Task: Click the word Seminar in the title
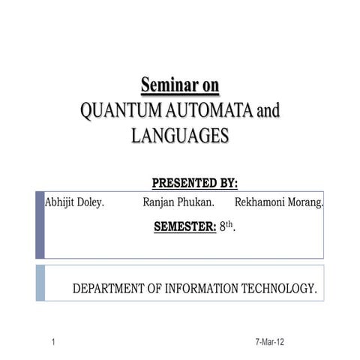pos(165,84)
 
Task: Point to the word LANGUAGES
pos(179,136)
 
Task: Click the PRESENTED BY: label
pos(194,182)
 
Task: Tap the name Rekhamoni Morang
pos(279,202)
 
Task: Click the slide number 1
pos(54,343)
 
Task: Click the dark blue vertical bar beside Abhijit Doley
pos(40,225)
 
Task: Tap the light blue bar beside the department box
pos(40,283)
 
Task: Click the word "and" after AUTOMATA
pos(268,112)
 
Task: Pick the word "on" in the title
pos(207,84)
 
